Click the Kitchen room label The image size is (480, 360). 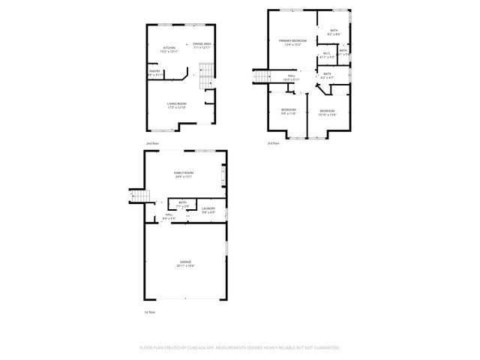[x=169, y=48]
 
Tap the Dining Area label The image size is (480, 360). [x=202, y=44]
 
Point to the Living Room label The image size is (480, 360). [x=176, y=103]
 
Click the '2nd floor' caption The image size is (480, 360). [x=153, y=142]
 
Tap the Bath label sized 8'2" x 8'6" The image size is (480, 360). [x=334, y=30]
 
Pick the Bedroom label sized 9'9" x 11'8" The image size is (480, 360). [x=289, y=110]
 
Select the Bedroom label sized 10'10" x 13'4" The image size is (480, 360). [x=327, y=110]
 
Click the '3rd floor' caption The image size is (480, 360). [x=273, y=142]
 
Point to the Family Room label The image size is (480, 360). [x=184, y=173]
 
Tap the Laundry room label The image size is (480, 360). [x=208, y=208]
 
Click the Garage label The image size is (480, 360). [x=184, y=261]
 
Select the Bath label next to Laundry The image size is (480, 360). [x=182, y=202]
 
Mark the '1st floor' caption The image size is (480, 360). [x=150, y=311]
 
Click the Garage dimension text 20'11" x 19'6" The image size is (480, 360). [x=184, y=265]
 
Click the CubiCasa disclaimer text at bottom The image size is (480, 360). [x=239, y=347]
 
